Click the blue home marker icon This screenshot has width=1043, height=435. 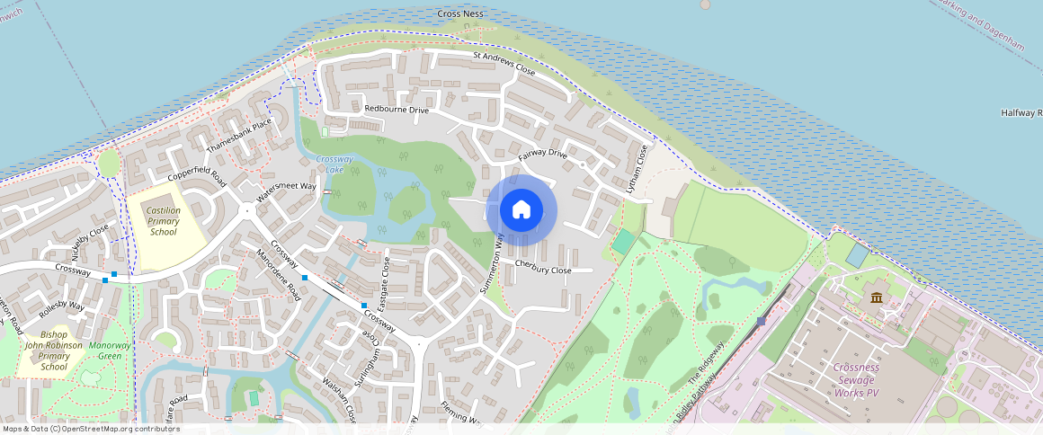coord(521,210)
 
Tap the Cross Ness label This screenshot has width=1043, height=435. coord(461,14)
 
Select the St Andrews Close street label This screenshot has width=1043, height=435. coord(504,63)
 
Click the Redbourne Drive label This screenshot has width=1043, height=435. coord(397,109)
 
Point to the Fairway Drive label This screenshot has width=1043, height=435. coord(543,155)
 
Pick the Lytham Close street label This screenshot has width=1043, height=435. coord(637,167)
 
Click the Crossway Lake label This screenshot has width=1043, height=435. coord(334,164)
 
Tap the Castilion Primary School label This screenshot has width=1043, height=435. coord(165,221)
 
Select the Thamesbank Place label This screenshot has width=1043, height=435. coord(238,136)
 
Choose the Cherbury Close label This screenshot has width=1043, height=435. coord(543,270)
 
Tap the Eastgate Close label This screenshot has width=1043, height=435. coord(384,284)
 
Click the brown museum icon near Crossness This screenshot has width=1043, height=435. coord(876,297)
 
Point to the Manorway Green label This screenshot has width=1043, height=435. coord(111,351)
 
